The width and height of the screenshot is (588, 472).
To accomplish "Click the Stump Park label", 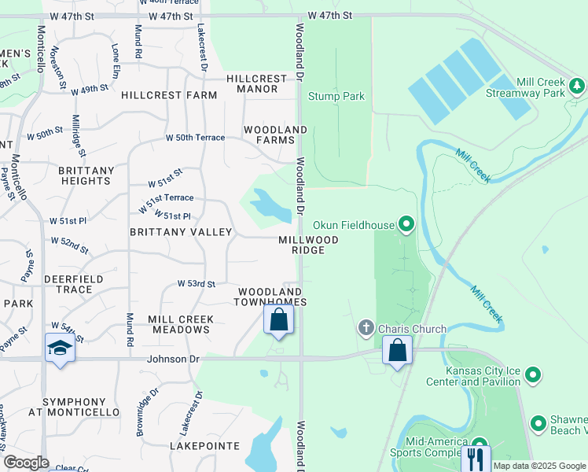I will pos(336,97).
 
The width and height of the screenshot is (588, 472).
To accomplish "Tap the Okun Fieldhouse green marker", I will pos(406,226).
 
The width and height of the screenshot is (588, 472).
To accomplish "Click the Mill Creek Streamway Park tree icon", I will pos(578,84).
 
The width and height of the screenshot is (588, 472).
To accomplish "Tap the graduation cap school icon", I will pos(60,348).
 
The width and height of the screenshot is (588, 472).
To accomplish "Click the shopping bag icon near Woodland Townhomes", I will pos(278,320).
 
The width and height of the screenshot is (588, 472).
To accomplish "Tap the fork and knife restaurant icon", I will pos(476,457).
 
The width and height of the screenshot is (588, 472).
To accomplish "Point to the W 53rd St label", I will pos(196,283).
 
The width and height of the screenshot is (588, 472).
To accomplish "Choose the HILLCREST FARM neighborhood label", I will pos(169,95).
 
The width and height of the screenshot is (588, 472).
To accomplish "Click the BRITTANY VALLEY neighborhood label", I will pos(181,232).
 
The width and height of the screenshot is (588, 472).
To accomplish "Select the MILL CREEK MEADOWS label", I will pos(179,324).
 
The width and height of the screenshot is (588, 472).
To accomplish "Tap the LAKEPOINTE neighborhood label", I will pos(204,446).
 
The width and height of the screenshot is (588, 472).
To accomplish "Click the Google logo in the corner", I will pos(26,463).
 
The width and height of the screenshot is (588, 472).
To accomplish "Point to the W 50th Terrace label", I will pos(195,138).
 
